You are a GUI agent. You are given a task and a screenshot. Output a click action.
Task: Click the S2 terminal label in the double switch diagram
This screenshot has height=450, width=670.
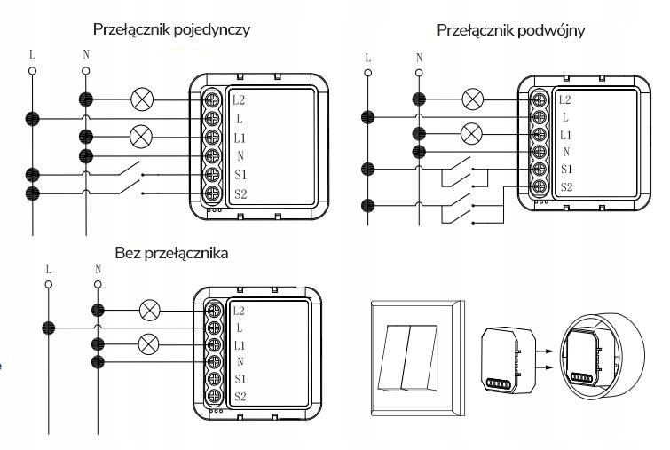tap(567, 187)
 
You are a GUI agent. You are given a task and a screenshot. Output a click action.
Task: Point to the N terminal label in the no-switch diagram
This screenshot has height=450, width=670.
tap(240, 362)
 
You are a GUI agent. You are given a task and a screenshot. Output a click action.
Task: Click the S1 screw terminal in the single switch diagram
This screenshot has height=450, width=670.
tap(213, 174)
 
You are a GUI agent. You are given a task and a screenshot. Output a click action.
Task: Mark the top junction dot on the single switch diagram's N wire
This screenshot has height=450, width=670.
tap(86, 99)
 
